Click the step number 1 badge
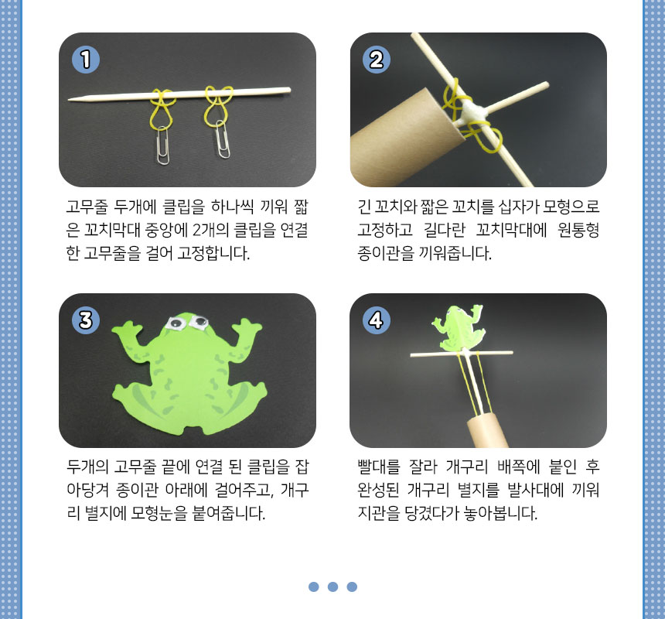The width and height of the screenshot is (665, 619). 86,60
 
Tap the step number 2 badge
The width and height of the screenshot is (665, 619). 377,60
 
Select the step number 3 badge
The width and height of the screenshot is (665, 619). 86,320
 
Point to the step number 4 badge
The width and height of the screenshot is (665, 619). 377,320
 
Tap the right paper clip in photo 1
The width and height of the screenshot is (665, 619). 222,139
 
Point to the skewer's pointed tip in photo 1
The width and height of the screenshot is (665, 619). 69,100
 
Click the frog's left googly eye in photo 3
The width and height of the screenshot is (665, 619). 176,323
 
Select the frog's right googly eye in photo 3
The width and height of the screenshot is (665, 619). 199,322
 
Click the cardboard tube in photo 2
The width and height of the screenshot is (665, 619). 405,140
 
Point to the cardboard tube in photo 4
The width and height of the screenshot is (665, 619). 488,431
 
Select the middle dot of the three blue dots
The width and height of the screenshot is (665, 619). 333,587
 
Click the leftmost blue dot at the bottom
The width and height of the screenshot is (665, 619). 314,587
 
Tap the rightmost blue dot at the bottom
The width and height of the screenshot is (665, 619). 352,587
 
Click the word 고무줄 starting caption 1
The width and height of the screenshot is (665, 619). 87,207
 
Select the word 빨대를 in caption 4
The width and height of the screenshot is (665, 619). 379,467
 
